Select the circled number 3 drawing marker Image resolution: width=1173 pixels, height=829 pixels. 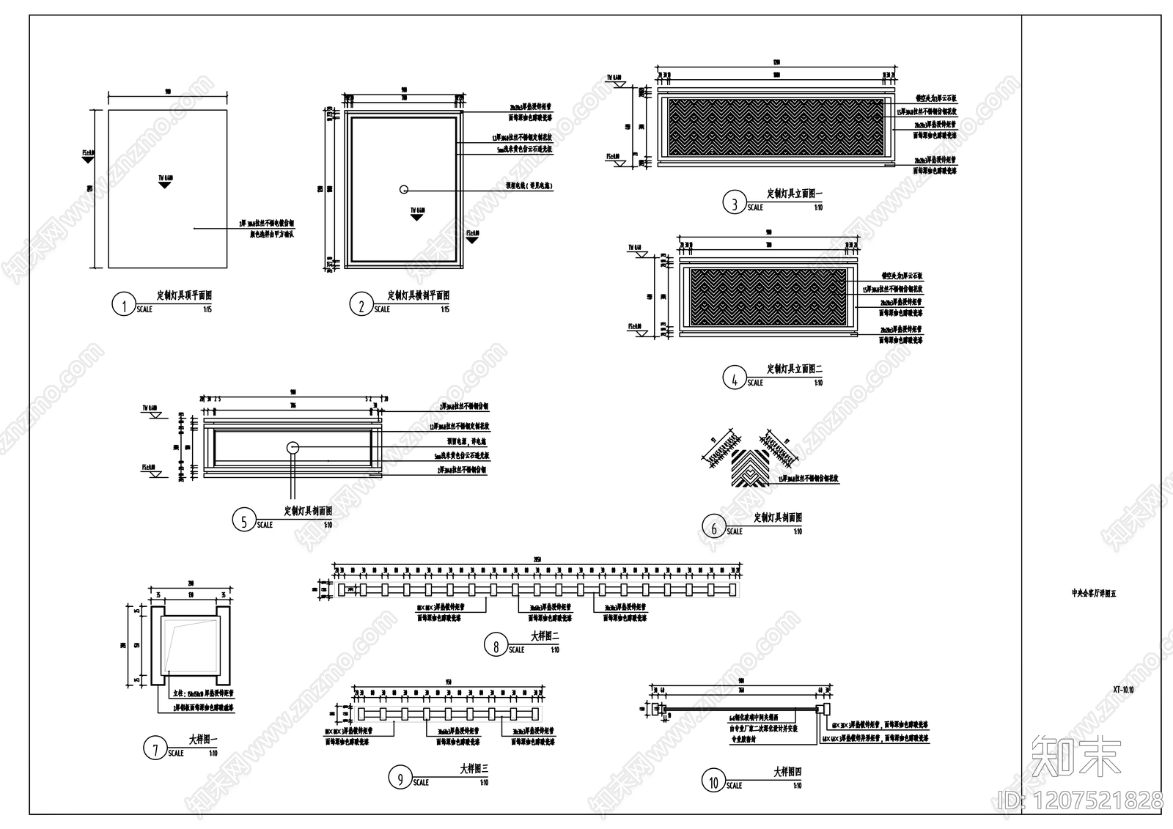pyautogui.click(x=735, y=203)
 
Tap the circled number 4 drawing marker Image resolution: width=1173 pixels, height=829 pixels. pyautogui.click(x=735, y=378)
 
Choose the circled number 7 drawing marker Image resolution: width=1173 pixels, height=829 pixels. pyautogui.click(x=155, y=749)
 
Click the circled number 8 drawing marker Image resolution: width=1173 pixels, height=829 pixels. pyautogui.click(x=496, y=646)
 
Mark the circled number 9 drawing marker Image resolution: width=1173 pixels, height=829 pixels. pyautogui.click(x=400, y=778)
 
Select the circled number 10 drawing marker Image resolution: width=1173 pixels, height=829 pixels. pyautogui.click(x=713, y=781)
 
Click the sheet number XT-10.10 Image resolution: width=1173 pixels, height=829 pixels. pyautogui.click(x=1122, y=690)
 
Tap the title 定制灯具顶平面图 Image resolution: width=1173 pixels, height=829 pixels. pyautogui.click(x=185, y=295)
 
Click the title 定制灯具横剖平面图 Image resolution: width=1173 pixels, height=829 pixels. pyautogui.click(x=419, y=295)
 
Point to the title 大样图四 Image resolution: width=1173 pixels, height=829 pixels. pyautogui.click(x=787, y=772)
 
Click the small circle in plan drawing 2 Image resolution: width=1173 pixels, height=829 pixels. pyautogui.click(x=403, y=189)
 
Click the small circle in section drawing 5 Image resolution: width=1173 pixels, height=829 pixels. pyautogui.click(x=293, y=447)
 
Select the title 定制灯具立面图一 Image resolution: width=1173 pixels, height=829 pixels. pyautogui.click(x=795, y=194)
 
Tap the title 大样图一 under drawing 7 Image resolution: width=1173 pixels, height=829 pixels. pyautogui.click(x=202, y=740)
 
